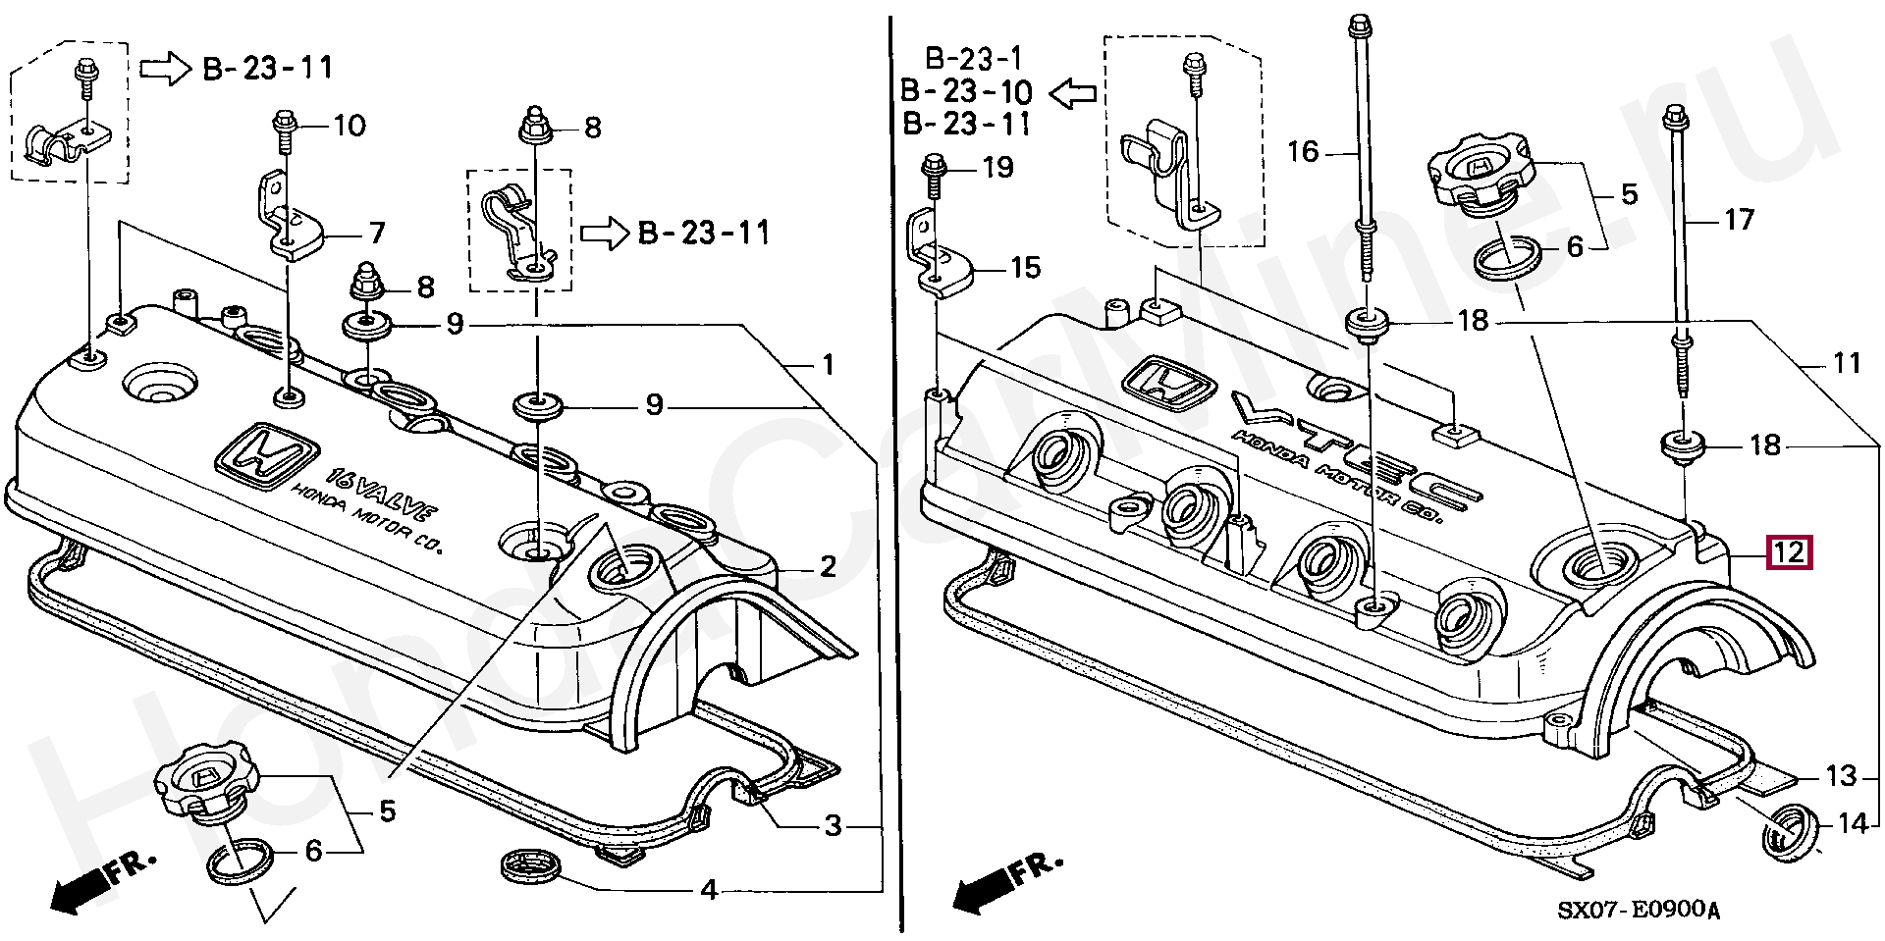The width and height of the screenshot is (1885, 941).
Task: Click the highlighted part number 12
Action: (x=1788, y=551)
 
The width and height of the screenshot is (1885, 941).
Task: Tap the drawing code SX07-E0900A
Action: (x=1639, y=910)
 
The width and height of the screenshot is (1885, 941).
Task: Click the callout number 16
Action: (x=1303, y=151)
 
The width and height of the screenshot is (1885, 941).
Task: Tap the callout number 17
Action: (x=1739, y=219)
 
